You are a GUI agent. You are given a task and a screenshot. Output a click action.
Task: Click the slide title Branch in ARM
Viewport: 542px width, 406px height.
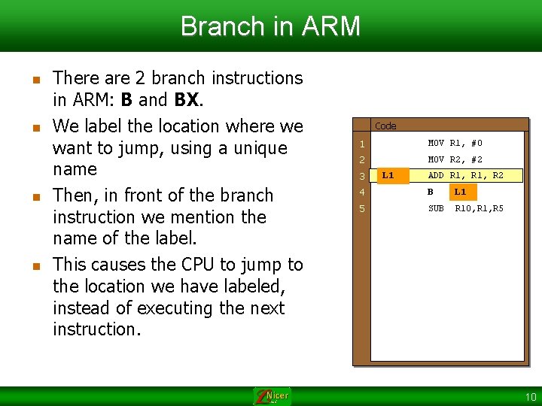[271, 26]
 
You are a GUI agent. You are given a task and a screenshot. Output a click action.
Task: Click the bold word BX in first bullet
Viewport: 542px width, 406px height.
[187, 99]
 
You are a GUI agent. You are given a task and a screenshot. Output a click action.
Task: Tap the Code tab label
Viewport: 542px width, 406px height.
[385, 126]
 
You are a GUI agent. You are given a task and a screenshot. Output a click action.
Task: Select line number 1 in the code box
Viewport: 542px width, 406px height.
[362, 144]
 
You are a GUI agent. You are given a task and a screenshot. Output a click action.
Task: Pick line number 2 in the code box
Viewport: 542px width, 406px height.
[362, 159]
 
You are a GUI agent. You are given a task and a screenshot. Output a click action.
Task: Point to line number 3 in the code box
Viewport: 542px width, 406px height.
[362, 176]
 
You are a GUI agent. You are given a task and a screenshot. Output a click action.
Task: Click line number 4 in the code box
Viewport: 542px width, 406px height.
[362, 192]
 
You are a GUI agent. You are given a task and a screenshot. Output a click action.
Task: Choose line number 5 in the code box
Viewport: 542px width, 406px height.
[362, 208]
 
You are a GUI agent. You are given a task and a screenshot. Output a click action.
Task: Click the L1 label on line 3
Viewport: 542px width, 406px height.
[388, 176]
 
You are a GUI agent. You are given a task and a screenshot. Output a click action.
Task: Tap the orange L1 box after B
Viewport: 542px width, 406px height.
[460, 192]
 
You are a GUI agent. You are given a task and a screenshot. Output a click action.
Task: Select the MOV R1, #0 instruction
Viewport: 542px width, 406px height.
[455, 143]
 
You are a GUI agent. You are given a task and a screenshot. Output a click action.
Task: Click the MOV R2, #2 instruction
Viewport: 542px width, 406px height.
[455, 159]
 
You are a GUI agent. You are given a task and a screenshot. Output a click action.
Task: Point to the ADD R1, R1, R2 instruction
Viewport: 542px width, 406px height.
[465, 176]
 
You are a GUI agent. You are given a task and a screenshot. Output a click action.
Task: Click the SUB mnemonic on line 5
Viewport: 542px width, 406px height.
[436, 208]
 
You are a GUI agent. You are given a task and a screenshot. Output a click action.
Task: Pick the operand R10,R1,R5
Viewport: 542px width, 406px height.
[480, 208]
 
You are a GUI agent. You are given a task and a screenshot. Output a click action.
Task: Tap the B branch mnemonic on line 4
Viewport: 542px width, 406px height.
[431, 192]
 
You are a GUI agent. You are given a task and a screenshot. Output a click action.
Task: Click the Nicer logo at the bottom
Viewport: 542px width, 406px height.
[272, 396]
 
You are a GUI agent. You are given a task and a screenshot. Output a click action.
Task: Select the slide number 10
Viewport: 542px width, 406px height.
[531, 397]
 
